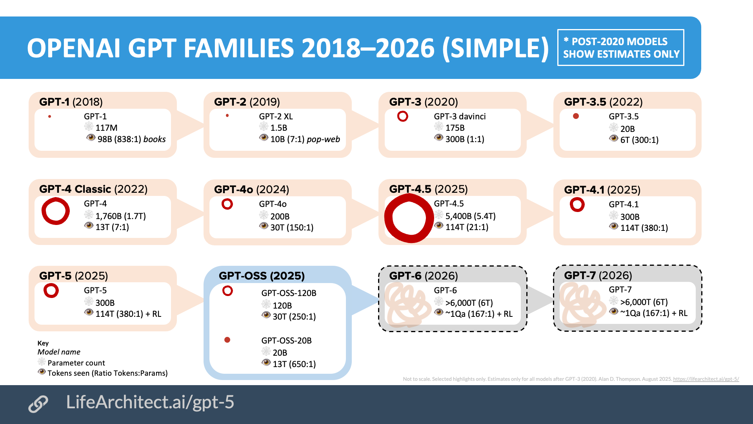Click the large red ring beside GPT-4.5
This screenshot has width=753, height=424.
click(x=408, y=218)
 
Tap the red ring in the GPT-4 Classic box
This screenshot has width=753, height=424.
click(x=56, y=211)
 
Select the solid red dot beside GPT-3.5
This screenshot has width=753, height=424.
click(x=576, y=116)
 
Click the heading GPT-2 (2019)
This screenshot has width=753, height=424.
click(x=247, y=102)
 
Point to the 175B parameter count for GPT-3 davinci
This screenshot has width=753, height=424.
click(x=455, y=128)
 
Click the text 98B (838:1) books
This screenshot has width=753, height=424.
click(x=131, y=139)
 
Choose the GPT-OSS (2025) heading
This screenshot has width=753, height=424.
click(x=262, y=276)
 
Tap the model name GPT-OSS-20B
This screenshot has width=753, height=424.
click(x=286, y=341)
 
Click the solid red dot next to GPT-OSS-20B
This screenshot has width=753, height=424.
click(x=227, y=340)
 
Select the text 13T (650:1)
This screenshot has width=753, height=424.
click(x=294, y=364)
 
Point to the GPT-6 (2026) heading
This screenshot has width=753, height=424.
click(x=424, y=276)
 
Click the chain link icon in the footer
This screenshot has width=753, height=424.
click(x=38, y=404)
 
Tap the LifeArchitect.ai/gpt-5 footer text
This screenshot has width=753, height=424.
click(x=150, y=402)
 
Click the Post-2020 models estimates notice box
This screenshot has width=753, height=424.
click(x=621, y=48)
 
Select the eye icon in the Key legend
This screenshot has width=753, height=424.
click(x=42, y=372)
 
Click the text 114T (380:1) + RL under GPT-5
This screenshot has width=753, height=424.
click(x=128, y=314)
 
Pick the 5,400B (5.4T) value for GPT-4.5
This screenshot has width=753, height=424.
click(x=470, y=216)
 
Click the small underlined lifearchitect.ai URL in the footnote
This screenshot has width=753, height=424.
click(x=706, y=379)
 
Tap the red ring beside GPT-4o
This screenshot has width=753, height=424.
click(x=227, y=204)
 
